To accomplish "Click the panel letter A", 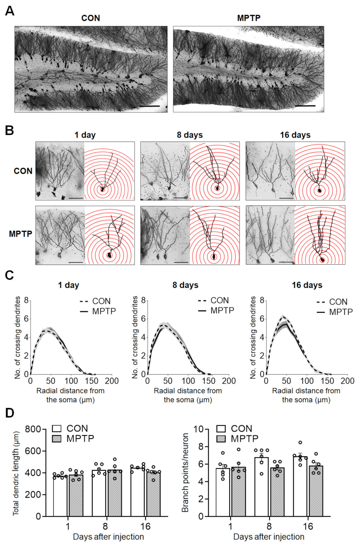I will pyautogui.click(x=9, y=11).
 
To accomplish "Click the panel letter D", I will pyautogui.click(x=9, y=413).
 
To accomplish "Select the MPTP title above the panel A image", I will pyautogui.click(x=248, y=18).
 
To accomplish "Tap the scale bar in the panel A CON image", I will pyautogui.click(x=149, y=106).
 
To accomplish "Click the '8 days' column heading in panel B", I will pyautogui.click(x=190, y=135).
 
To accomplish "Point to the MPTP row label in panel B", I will pyautogui.click(x=20, y=234).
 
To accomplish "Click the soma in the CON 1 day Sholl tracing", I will pyautogui.click(x=102, y=189).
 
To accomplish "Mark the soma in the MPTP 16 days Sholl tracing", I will pyautogui.click(x=322, y=260).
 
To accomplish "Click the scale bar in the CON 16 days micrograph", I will pyautogui.click(x=286, y=198).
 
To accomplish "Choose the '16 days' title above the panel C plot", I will pyautogui.click(x=307, y=285).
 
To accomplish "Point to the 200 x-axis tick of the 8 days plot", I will pyautogui.click(x=229, y=381).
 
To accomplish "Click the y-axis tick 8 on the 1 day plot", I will pyautogui.click(x=26, y=301).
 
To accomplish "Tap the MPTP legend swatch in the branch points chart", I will pyautogui.click(x=221, y=439).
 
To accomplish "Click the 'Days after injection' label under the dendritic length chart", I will pyautogui.click(x=108, y=537).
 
